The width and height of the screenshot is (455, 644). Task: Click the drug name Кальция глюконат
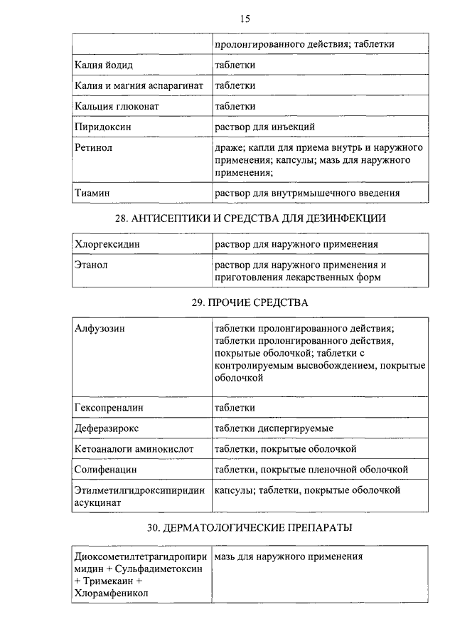click(x=117, y=107)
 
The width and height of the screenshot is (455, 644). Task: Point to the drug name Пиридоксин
click(x=104, y=127)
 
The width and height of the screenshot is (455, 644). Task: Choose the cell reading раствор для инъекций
click(x=264, y=127)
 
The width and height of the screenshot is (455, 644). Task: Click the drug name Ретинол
click(x=94, y=148)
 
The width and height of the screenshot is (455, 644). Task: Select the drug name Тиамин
click(x=92, y=193)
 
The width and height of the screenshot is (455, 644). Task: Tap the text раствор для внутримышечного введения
click(x=307, y=193)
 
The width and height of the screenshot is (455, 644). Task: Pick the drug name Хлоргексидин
click(x=107, y=244)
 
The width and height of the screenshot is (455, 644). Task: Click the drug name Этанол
click(x=91, y=265)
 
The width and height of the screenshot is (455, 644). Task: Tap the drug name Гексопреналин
click(x=109, y=408)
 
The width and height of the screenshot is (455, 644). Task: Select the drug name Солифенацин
click(x=106, y=470)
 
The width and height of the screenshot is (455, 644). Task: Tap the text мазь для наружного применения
click(x=289, y=557)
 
